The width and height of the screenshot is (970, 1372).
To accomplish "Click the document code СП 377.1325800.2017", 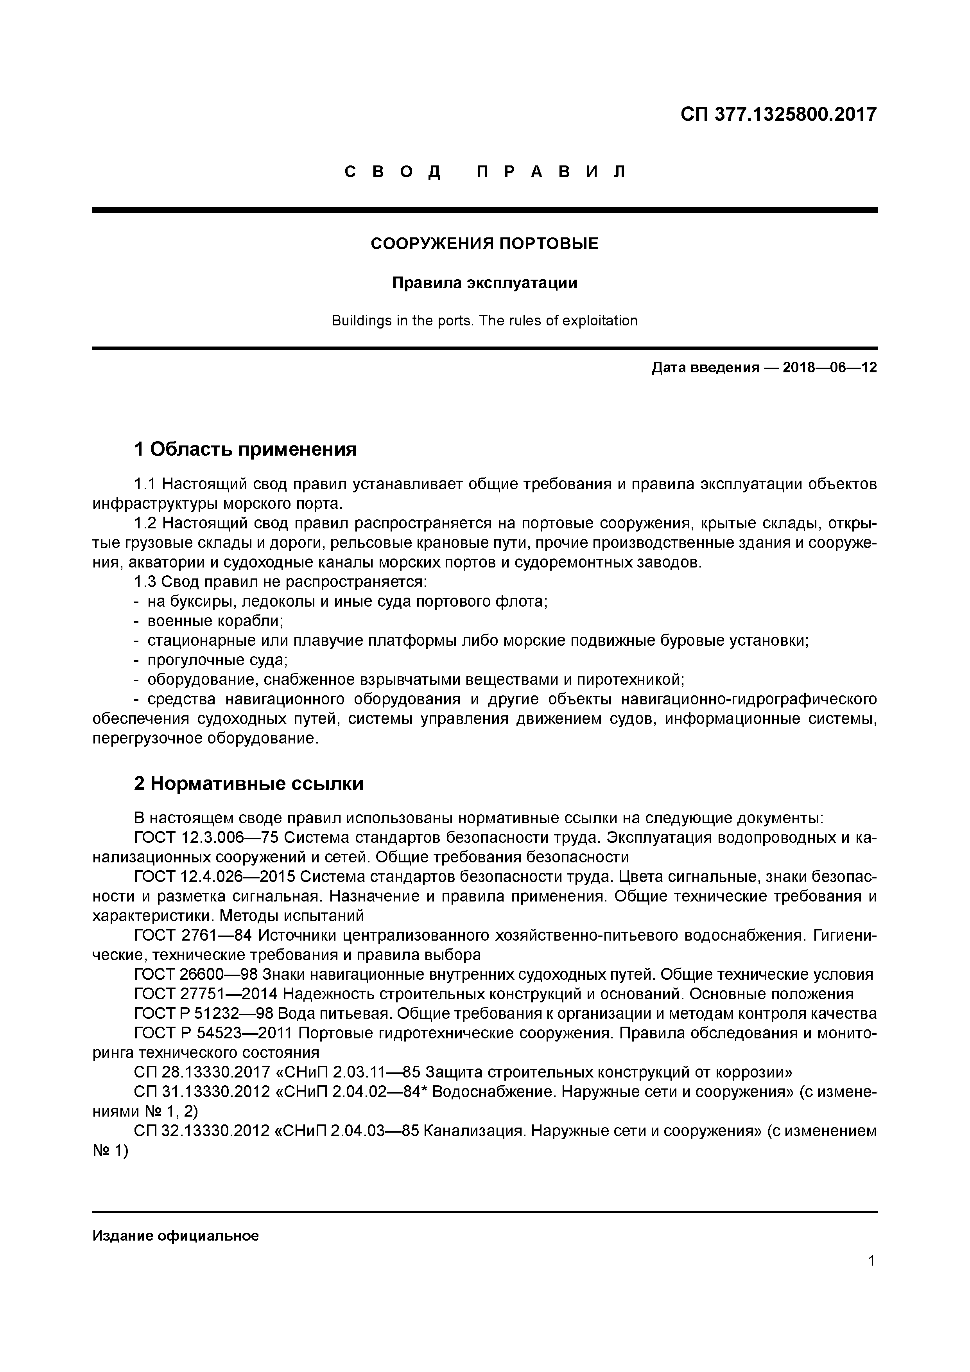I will coord(778,114).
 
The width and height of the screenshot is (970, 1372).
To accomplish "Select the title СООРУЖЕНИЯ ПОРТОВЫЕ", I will coord(484,244).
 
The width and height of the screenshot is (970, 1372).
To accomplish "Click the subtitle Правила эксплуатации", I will coord(484,283).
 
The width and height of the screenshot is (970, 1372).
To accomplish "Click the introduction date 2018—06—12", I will coord(830,368).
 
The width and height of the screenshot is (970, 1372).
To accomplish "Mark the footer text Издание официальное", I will coord(176,1236).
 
